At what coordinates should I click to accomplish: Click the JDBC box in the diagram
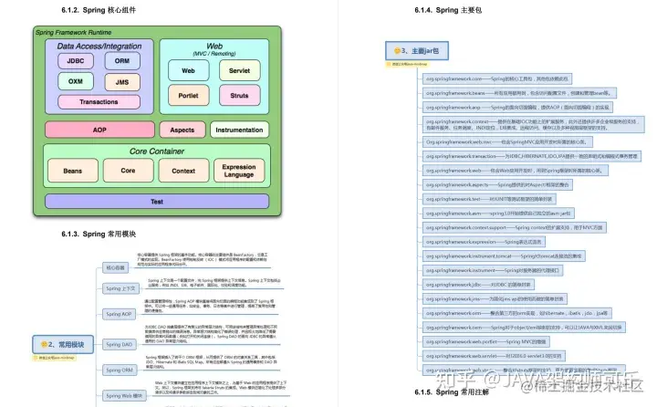(76, 60)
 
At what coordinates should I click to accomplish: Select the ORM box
(121, 60)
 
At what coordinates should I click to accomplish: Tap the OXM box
(76, 81)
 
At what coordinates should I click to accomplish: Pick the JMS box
(121, 81)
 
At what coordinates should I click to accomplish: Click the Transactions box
(99, 102)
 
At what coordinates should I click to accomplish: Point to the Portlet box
(189, 94)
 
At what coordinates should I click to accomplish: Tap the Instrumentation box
(239, 130)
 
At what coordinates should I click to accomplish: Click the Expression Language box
(240, 171)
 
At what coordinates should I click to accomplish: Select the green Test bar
(157, 201)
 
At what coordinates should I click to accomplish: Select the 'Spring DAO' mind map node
(120, 344)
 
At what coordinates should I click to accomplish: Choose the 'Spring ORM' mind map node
(120, 370)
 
